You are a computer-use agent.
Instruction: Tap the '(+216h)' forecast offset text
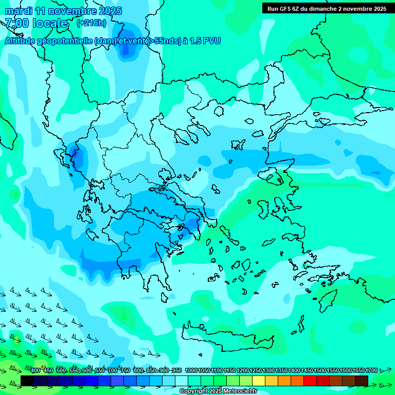[91, 23]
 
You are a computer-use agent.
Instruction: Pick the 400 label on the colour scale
[35, 370]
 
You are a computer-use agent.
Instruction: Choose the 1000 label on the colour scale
[191, 370]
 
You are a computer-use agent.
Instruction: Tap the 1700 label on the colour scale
[371, 370]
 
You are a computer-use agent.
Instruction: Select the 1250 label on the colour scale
[255, 370]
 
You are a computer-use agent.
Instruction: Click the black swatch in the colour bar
[27, 381]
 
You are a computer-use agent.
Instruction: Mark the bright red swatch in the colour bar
[310, 381]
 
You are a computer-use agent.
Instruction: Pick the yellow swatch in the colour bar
[259, 381]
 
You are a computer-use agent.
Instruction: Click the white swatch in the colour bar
[182, 381]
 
